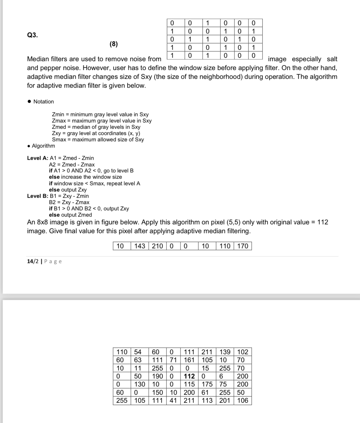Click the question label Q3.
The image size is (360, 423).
(x=32, y=35)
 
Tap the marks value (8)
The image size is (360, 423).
(x=113, y=44)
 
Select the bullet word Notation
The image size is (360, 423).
(x=43, y=102)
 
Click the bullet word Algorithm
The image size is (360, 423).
(x=43, y=146)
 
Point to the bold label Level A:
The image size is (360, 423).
(x=38, y=158)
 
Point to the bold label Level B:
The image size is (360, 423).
(x=38, y=196)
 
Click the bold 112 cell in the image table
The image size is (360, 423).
(x=189, y=376)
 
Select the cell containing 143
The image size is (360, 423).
(x=140, y=246)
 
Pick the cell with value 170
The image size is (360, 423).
(x=243, y=246)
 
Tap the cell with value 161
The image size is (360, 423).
(x=189, y=360)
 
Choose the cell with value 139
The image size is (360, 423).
(x=225, y=352)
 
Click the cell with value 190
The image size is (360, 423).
(x=157, y=376)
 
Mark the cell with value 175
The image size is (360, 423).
(x=207, y=384)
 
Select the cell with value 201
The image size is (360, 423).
(x=225, y=400)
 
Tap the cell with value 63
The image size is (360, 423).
(x=138, y=360)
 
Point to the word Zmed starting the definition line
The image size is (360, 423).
(x=59, y=127)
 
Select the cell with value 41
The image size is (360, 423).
(x=173, y=400)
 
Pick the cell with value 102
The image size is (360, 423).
(x=243, y=352)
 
